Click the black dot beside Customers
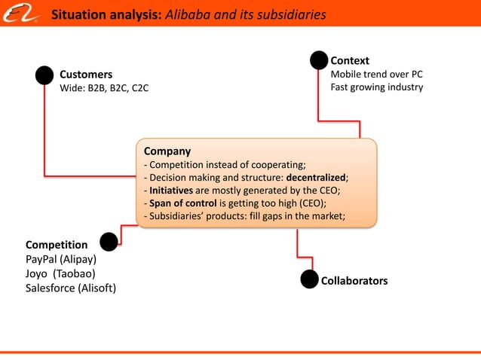coord(44,75)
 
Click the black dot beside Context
coord(319,60)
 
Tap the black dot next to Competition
coord(109,242)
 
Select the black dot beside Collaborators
coord(309,280)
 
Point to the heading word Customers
coord(86,75)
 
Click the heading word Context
coord(350,60)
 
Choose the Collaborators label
coord(354,281)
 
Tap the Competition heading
coord(57,245)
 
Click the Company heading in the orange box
coord(167,151)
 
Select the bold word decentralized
coord(315,177)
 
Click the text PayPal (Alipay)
coord(61,259)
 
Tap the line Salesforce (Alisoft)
coord(71,288)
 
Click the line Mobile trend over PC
coord(376,74)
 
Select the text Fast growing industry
coord(377,87)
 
